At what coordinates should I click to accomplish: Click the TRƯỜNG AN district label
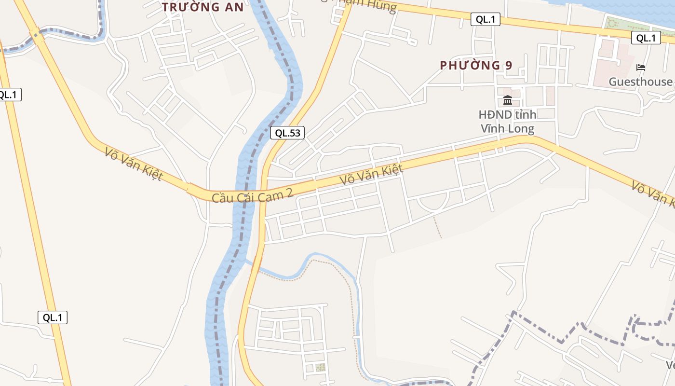tap(202, 7)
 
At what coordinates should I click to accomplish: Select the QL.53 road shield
tap(287, 133)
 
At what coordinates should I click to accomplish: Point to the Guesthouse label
tap(640, 82)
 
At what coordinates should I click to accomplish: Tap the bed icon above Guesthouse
tap(641, 68)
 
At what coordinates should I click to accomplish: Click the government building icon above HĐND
tap(508, 100)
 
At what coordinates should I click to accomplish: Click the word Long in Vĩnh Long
tap(522, 129)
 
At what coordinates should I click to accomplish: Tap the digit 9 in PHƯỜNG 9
tap(508, 65)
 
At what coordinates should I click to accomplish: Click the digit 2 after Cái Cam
tap(289, 193)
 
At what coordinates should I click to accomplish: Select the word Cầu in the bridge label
tap(222, 198)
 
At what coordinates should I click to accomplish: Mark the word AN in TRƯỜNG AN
tap(233, 7)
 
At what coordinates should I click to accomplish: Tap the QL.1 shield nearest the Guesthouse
tap(646, 38)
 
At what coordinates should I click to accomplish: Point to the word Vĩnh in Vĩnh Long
tap(494, 129)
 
